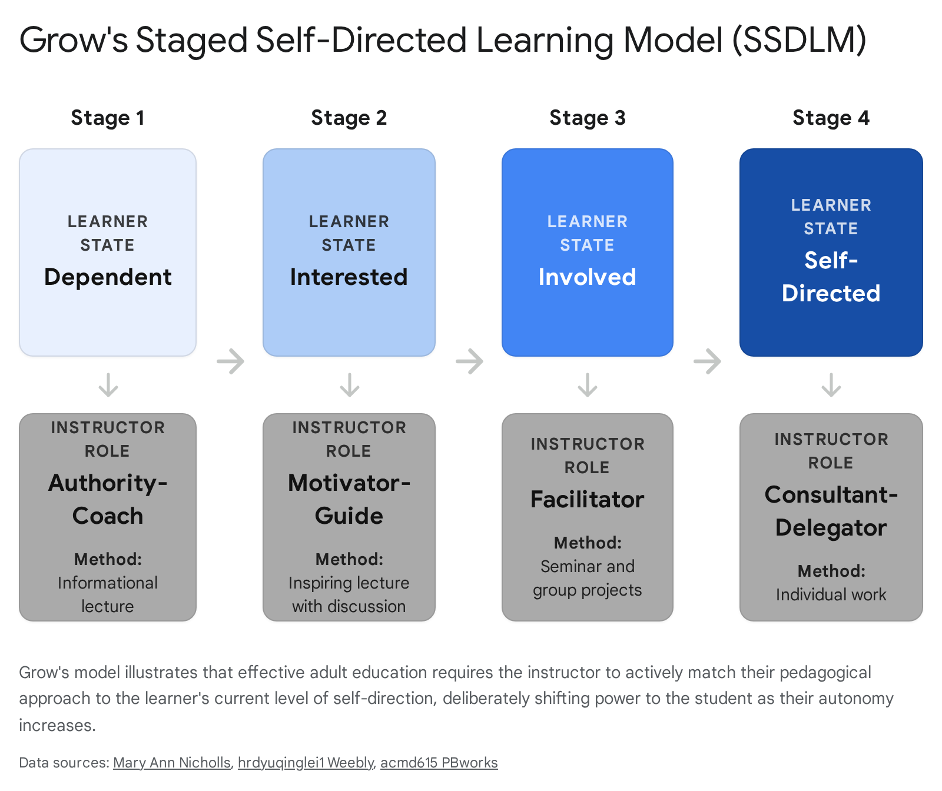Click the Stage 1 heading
point(107,118)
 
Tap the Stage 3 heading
point(587,118)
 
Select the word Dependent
point(108,277)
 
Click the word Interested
point(349,277)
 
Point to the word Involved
point(587,277)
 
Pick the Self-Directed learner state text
point(831,277)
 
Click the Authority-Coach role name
point(108,499)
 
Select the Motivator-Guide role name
point(349,499)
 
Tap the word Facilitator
point(587,500)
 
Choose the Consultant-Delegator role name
point(831,511)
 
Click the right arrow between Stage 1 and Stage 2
point(230,361)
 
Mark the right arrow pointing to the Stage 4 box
point(707,361)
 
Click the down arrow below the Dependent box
point(108,385)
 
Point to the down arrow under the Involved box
point(588,385)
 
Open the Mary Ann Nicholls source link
point(172,763)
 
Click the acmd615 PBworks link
point(439,763)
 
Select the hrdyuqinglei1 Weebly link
point(306,763)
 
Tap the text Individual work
point(831,595)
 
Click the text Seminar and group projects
point(587,578)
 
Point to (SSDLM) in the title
point(800,41)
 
